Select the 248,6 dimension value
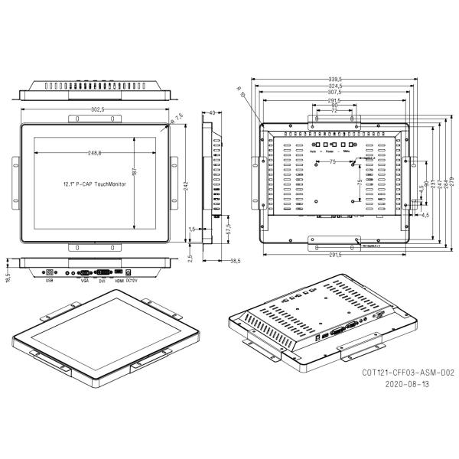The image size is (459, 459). [96, 153]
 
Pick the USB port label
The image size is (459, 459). [50, 281]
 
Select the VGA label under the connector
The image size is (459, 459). [84, 281]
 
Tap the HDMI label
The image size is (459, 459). [119, 281]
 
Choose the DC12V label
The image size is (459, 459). [132, 281]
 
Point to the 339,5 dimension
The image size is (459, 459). [334, 79]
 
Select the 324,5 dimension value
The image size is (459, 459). [334, 86]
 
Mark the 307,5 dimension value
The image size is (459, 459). [334, 93]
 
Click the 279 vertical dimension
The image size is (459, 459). [451, 179]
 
